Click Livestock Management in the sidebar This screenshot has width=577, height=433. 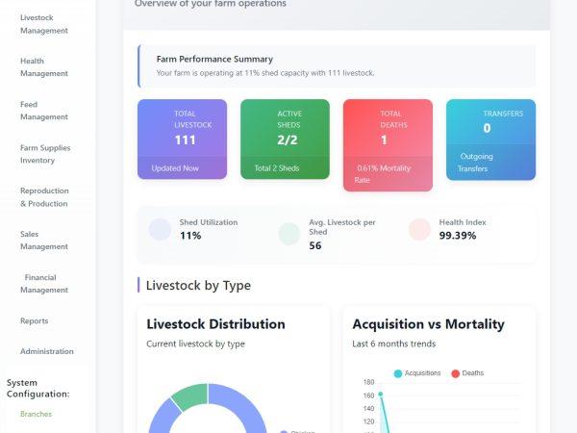[x=44, y=24]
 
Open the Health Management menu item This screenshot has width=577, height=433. [x=44, y=67]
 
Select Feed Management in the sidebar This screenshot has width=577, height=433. [x=44, y=111]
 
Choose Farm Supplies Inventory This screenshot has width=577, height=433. [x=45, y=154]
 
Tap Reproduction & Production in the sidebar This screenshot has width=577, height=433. [x=44, y=197]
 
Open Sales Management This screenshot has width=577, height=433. [x=44, y=241]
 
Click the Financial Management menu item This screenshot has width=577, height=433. [x=44, y=284]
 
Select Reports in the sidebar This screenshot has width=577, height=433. [x=34, y=320]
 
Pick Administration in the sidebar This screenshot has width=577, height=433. [x=46, y=351]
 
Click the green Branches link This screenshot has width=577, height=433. [x=36, y=414]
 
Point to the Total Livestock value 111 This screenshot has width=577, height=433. [x=185, y=140]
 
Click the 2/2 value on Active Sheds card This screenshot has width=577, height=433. [x=288, y=140]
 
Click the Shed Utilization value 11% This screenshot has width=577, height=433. [x=190, y=236]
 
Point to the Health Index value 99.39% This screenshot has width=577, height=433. [x=459, y=236]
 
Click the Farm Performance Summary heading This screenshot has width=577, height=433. [x=214, y=60]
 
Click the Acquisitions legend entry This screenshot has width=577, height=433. [x=417, y=373]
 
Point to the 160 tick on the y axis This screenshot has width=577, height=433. [x=368, y=395]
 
